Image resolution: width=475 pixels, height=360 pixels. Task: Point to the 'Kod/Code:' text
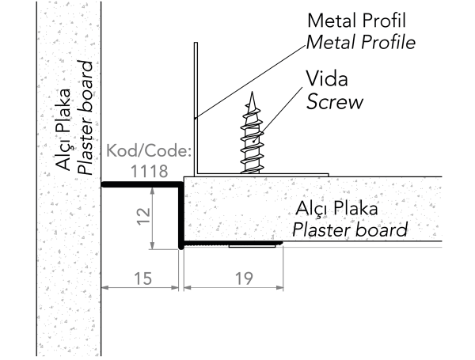pos(147,150)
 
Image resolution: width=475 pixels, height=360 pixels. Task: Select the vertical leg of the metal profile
pos(194,111)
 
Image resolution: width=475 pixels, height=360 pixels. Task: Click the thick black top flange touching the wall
pos(142,184)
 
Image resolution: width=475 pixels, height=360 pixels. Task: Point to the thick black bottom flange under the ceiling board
pos(230,244)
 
